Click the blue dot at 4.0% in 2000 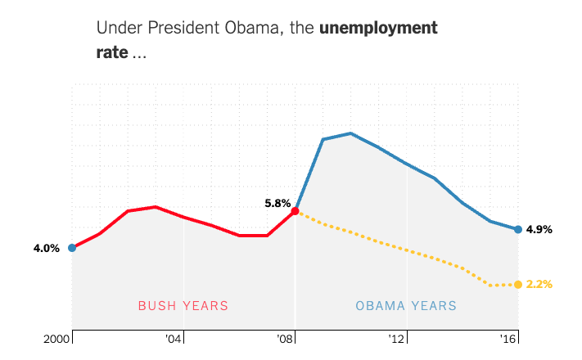[x=72, y=247]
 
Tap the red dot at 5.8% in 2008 [x=296, y=210]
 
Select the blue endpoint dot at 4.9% [x=518, y=229]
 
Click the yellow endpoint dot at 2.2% [x=518, y=285]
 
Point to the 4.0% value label [x=46, y=248]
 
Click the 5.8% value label [x=277, y=204]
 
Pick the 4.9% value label [x=539, y=230]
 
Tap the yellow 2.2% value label [x=539, y=285]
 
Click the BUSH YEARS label [x=183, y=306]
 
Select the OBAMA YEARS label [x=406, y=306]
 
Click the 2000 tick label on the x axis [x=56, y=338]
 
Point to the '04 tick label [x=173, y=338]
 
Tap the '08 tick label [x=285, y=338]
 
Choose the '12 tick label [x=397, y=338]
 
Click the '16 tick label [x=508, y=338]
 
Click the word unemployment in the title [x=378, y=28]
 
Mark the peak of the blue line [x=350, y=133]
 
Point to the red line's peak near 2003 [x=156, y=207]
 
